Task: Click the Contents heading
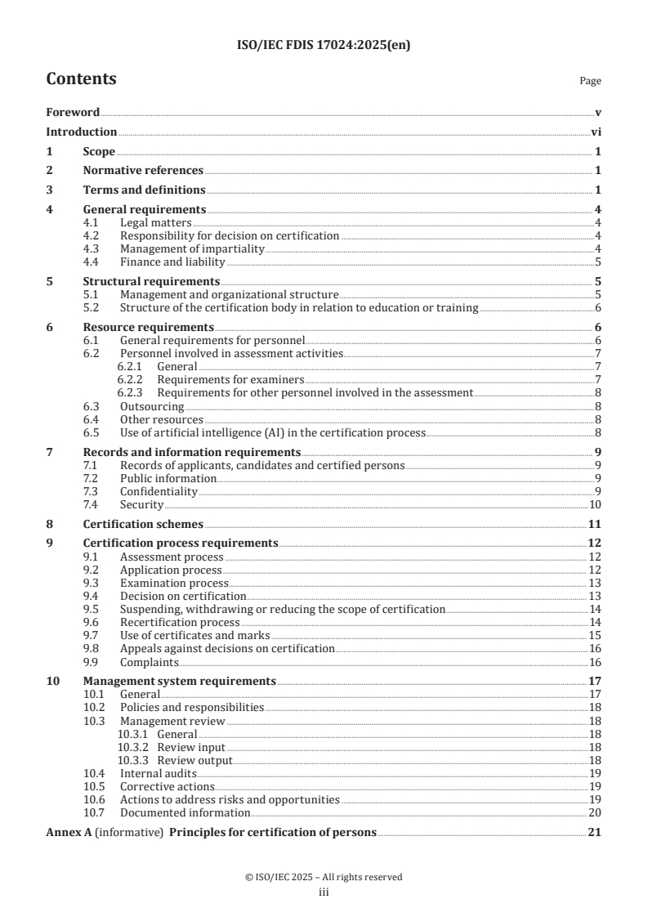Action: click(x=81, y=79)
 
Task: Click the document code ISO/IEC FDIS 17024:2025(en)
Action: click(x=324, y=46)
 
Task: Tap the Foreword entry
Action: click(x=73, y=112)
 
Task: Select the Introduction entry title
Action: click(x=81, y=132)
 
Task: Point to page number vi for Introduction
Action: click(x=597, y=132)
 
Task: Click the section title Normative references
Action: click(x=143, y=170)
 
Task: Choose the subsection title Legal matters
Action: click(x=155, y=222)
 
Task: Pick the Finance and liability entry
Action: click(x=172, y=262)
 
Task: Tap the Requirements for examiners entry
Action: click(x=230, y=379)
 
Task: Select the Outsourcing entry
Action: click(x=152, y=405)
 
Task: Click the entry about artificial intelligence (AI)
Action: click(x=272, y=432)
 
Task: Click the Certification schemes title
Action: click(x=143, y=524)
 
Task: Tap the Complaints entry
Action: click(x=150, y=661)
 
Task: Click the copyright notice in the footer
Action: click(x=324, y=877)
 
